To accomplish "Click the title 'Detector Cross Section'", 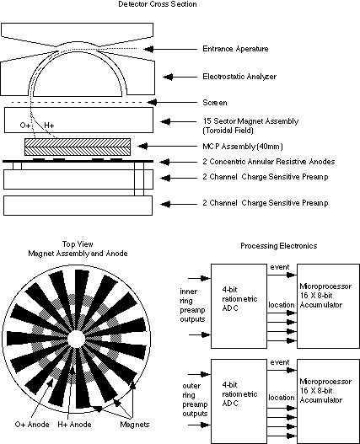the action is tap(158, 4).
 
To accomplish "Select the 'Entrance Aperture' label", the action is tap(235, 49).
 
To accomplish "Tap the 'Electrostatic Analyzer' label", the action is tap(239, 77).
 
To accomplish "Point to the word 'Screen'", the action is tap(215, 103).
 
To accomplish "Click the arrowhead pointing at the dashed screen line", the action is tap(153, 102).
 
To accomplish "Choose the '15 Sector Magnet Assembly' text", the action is tap(250, 121).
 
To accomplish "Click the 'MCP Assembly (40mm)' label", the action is tap(243, 147).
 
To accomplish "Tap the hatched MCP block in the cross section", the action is tap(78, 147).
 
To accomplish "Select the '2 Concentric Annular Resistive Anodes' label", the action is tap(268, 162).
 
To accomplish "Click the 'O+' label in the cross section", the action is tap(25, 126).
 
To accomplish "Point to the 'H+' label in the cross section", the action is tap(49, 126).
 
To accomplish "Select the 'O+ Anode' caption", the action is tap(32, 425).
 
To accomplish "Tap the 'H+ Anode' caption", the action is tap(74, 425).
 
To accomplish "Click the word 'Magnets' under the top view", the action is tap(134, 425).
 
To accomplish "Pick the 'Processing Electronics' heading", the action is tap(279, 246).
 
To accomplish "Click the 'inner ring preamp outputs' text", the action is tap(192, 305).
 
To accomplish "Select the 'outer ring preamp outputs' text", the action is tap(195, 399).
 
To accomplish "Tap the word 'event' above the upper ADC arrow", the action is tap(280, 267).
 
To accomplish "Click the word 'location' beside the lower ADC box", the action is tap(282, 398).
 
